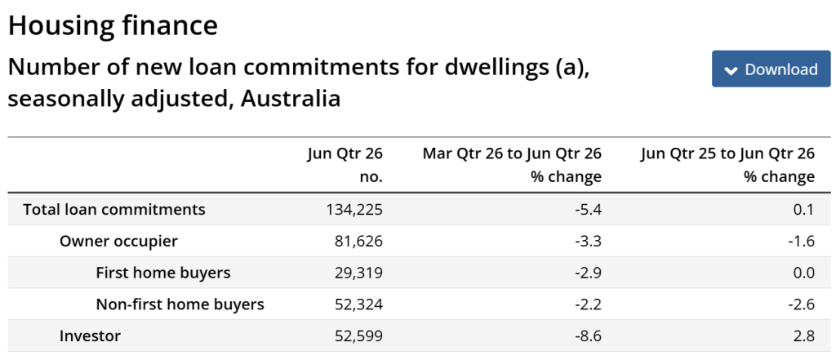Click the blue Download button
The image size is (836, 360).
(x=771, y=69)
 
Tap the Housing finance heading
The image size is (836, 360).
(x=113, y=25)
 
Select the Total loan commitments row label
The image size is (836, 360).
(x=114, y=209)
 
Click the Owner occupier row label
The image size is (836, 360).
(x=118, y=241)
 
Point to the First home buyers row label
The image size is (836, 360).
(x=163, y=273)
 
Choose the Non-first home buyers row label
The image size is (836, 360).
(x=180, y=304)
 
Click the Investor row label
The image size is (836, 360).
(x=90, y=336)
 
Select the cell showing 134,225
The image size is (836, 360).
(x=354, y=210)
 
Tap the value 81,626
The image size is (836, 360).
(x=359, y=242)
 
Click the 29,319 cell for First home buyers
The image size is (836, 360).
(x=359, y=273)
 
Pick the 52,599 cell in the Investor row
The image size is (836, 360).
(x=359, y=336)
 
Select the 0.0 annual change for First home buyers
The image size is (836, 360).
(x=803, y=273)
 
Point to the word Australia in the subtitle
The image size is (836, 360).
(x=291, y=100)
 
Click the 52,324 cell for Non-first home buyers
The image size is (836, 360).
(x=359, y=304)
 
